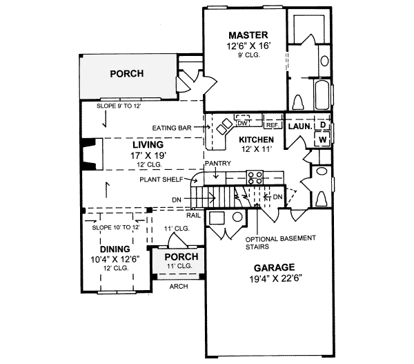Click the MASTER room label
(248, 35)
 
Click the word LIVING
(148, 146)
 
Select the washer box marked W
(322, 139)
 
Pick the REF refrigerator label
(271, 126)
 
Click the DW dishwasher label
(242, 122)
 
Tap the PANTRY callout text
(217, 164)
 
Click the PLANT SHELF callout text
(160, 179)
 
